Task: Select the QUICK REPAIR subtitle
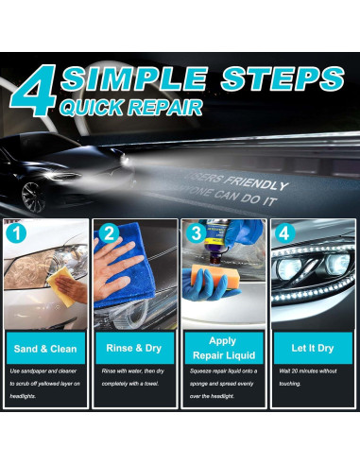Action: tap(131, 105)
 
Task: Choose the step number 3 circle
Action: tap(196, 232)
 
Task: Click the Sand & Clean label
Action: tap(46, 349)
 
